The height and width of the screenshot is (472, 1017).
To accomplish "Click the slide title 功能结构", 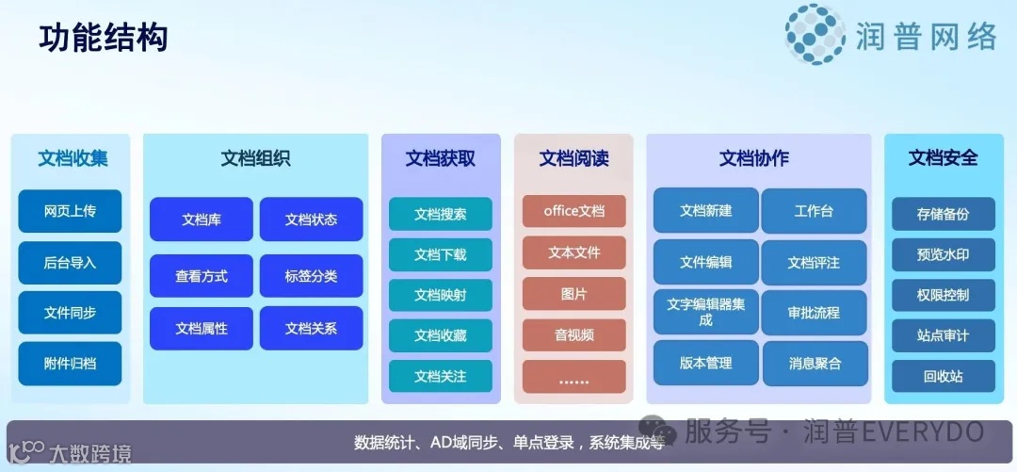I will tap(104, 39).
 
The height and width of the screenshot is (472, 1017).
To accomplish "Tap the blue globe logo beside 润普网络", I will tap(815, 35).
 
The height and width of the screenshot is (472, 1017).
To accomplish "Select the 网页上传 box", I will tap(70, 211).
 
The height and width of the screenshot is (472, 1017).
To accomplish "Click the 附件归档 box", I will tap(70, 364).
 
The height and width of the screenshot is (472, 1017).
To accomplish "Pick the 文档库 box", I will tap(201, 220).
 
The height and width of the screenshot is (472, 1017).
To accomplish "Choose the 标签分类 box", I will tap(311, 276).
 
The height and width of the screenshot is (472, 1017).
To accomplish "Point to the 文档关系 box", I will tap(311, 329).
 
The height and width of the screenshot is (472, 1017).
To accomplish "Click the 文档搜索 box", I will tap(440, 214).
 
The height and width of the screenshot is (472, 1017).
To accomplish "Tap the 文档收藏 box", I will tap(440, 335).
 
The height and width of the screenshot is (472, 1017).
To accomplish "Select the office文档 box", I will tap(573, 211).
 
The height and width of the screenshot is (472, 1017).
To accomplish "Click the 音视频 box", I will tap(573, 335).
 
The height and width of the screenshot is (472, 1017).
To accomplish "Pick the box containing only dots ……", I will tap(573, 377).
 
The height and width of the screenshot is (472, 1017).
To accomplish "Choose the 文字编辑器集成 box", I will tap(705, 312).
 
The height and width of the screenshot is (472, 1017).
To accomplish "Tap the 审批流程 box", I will tap(814, 312).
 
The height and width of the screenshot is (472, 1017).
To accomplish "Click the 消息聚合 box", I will tap(814, 363).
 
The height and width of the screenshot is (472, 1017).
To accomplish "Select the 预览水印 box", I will tap(943, 254).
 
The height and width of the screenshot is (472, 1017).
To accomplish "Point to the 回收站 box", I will tap(943, 377).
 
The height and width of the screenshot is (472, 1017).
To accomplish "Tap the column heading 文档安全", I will tap(943, 158).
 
